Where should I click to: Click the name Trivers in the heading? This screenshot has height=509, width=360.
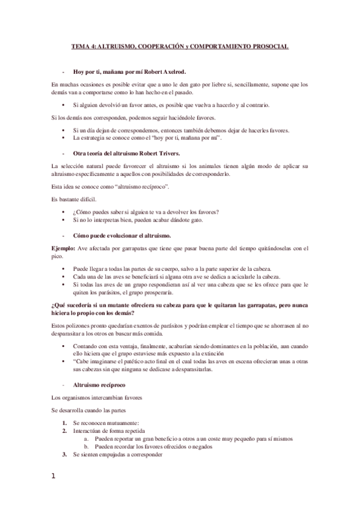point(173,153)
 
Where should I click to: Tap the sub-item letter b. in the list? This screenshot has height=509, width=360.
point(86,447)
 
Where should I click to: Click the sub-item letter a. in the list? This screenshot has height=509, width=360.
point(86,439)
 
